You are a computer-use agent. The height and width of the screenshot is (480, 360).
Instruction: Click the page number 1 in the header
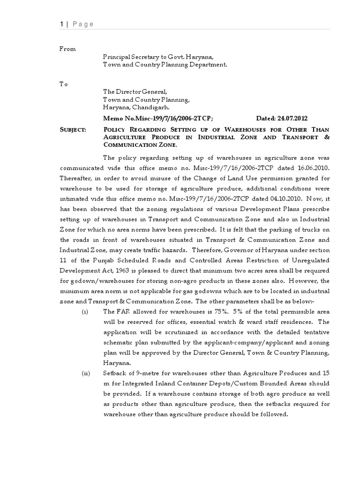(61, 24)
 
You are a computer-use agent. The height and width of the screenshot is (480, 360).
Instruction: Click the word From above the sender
(67, 49)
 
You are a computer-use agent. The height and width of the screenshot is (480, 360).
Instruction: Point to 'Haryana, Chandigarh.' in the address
(134, 107)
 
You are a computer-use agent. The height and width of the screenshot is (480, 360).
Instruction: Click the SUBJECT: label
(72, 130)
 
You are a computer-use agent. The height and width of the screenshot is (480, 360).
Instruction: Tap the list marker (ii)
(85, 373)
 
